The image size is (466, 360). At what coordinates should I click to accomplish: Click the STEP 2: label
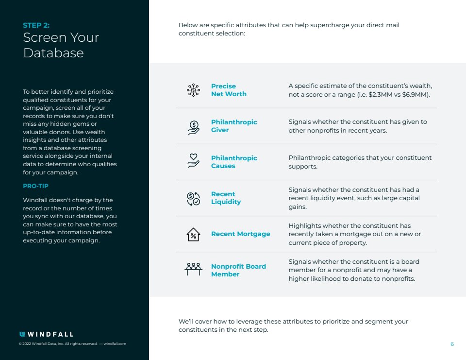36,25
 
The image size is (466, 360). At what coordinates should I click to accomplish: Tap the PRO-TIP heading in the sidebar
36,186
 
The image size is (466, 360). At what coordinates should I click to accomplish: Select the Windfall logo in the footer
46,334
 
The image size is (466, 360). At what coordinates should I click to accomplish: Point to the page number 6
452,344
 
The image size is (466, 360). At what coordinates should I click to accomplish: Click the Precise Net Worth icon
193,90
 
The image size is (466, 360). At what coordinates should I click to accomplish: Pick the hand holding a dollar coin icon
193,127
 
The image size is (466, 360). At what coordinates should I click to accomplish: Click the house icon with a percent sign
193,234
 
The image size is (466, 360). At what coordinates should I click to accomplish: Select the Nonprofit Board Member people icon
193,269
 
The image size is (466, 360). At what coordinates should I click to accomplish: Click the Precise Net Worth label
229,90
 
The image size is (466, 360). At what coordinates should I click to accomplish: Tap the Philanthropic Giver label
234,126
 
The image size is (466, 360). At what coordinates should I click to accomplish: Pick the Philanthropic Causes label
234,162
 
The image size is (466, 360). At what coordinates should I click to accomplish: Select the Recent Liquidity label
226,198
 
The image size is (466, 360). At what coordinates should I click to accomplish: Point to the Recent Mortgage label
240,234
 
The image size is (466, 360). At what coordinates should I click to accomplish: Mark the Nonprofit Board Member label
238,270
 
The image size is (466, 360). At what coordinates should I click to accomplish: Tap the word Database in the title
53,53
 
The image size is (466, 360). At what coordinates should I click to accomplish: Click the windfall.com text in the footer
115,344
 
